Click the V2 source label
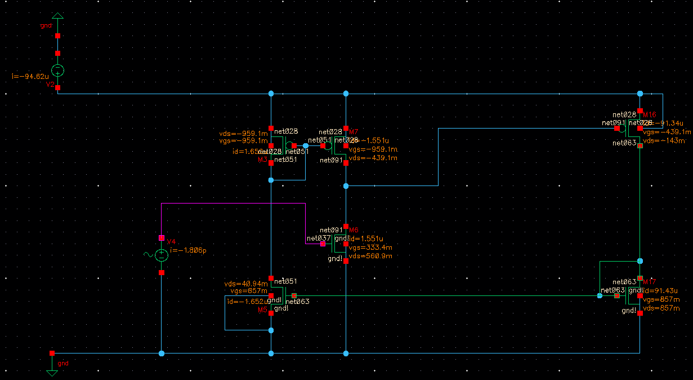[x=50, y=84]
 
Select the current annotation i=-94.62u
[x=30, y=76]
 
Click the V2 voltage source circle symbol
[x=57, y=70]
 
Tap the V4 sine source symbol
[x=162, y=255]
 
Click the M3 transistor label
[x=262, y=160]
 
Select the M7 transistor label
[x=354, y=131]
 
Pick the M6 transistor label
[x=354, y=230]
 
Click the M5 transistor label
[x=262, y=310]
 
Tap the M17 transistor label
[x=649, y=281]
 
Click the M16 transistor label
[x=649, y=114]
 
